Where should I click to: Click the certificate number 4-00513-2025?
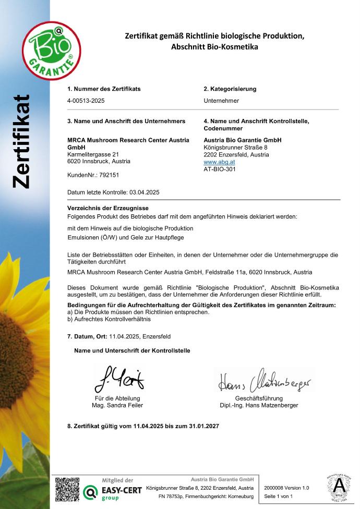click(87, 101)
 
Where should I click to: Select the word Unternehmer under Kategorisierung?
click(221, 101)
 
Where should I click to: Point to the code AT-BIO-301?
click(219, 169)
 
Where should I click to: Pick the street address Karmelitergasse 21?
click(93, 154)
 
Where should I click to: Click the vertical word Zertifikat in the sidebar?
click(21, 141)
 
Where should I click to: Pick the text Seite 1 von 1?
click(279, 496)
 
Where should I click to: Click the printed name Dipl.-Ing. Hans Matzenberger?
click(266, 405)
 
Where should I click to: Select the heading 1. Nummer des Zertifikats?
click(104, 89)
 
